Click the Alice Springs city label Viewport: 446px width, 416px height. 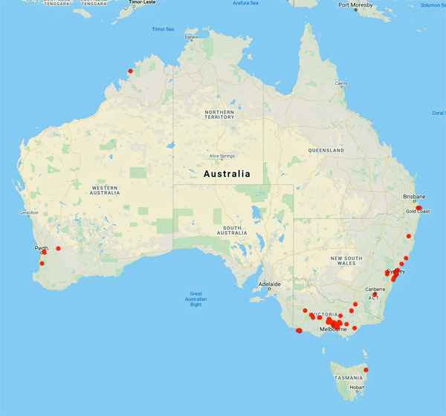click(x=222, y=156)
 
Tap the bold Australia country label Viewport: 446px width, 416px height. click(x=227, y=174)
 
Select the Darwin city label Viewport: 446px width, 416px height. click(x=192, y=36)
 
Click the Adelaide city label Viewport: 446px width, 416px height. click(x=269, y=285)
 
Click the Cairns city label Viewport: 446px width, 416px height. click(x=341, y=83)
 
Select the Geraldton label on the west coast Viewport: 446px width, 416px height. click(x=19, y=212)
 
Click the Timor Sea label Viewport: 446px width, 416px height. click(x=162, y=29)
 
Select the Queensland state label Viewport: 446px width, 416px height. click(x=326, y=150)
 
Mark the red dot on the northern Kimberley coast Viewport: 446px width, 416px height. click(x=131, y=71)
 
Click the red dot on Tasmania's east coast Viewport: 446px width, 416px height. click(x=366, y=370)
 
